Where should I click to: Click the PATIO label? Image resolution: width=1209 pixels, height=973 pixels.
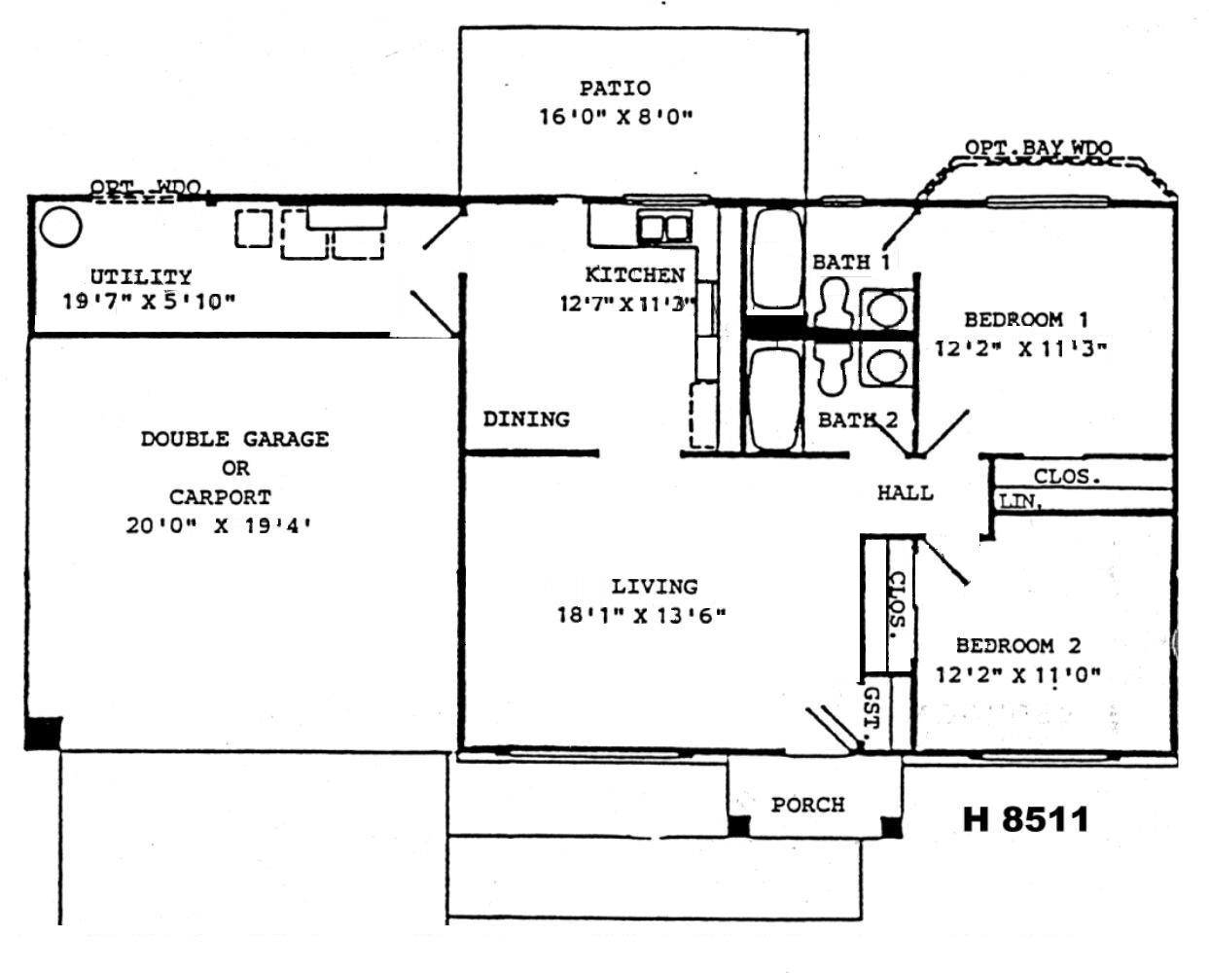pos(615,89)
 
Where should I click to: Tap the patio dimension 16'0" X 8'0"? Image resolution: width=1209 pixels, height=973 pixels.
pos(615,118)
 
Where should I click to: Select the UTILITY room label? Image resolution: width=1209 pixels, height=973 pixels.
pos(141,277)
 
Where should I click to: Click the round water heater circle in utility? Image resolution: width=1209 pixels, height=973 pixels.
pos(60,228)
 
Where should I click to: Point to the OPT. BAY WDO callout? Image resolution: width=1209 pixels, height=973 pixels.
pos(1038,148)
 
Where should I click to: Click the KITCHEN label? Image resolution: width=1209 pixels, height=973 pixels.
pos(634,275)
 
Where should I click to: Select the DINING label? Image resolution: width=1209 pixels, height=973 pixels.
pos(526,419)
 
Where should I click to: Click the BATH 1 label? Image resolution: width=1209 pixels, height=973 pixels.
pos(851,262)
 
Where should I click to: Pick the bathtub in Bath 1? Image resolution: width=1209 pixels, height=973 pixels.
pos(775,260)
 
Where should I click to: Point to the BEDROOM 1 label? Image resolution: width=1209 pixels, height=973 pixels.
pos(1026,319)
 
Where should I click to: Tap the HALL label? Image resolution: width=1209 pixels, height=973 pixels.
pos(905,493)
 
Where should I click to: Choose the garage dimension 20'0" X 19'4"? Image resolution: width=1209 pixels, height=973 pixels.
pos(224,526)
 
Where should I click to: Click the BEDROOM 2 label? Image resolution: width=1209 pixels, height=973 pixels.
pos(1017,645)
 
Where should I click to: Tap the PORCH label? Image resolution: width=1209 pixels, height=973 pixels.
pos(807,806)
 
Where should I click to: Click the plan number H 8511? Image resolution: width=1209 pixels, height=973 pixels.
pos(1025,819)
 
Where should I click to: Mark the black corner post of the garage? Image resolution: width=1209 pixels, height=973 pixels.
pos(43,733)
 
